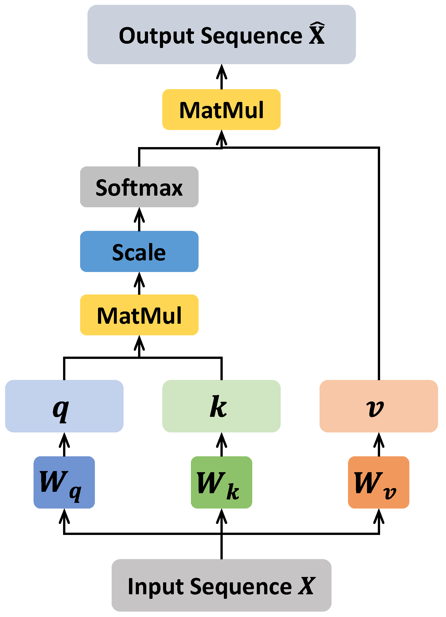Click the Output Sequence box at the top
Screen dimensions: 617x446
click(221, 35)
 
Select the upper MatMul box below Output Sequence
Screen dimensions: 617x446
click(221, 110)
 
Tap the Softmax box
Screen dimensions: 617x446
click(139, 187)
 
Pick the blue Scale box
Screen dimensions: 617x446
click(139, 251)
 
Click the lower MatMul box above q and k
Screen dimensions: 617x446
click(139, 315)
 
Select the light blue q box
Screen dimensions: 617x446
click(64, 406)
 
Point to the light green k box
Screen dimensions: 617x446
click(221, 406)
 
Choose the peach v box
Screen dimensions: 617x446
click(379, 406)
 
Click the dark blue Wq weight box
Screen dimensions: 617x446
click(64, 482)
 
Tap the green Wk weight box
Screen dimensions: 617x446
click(221, 482)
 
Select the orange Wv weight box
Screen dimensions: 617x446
click(379, 482)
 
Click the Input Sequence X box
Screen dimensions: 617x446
click(221, 585)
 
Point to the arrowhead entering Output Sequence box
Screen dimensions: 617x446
click(222, 71)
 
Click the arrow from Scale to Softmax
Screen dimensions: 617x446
click(139, 219)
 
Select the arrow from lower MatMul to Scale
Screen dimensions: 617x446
click(139, 283)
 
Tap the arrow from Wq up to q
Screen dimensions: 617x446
click(64, 445)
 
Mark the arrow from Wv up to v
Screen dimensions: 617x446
click(379, 445)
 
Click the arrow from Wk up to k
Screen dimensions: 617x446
click(222, 445)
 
